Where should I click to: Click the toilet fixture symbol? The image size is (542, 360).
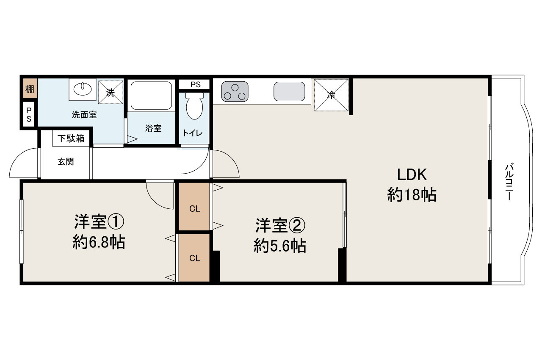(x=194, y=106)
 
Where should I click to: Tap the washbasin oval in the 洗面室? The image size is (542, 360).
(x=83, y=89)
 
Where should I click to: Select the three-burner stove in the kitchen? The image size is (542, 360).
(x=235, y=91)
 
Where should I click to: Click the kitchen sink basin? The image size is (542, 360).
(x=289, y=91)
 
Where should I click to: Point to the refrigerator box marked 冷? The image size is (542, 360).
(x=331, y=95)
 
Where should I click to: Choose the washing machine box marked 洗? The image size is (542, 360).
(x=111, y=92)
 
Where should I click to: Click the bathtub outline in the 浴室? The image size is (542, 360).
(x=151, y=96)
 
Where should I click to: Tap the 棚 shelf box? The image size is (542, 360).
(x=30, y=89)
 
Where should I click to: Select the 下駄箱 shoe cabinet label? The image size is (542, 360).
(x=71, y=138)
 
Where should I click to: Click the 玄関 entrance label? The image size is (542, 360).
(x=66, y=162)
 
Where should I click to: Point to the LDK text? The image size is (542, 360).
(x=412, y=174)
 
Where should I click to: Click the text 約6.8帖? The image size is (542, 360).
(x=99, y=242)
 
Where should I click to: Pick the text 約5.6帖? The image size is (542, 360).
(x=280, y=246)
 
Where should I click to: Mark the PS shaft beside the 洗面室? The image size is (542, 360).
(x=29, y=114)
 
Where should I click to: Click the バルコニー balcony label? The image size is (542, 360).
(x=509, y=183)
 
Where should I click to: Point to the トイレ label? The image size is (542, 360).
(x=193, y=133)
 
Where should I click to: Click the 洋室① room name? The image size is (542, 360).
(x=99, y=222)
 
